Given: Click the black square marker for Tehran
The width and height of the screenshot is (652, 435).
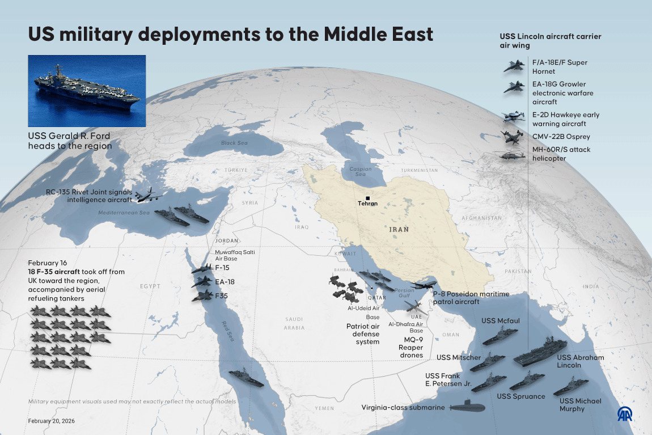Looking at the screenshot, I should (367, 197).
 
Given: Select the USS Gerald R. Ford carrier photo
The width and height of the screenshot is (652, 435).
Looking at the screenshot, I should (87, 91).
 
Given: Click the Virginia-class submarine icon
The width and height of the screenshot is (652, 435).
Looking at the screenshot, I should (467, 407).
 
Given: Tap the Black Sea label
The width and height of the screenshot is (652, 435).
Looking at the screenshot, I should (234, 143).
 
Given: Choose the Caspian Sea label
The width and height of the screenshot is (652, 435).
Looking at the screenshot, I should (360, 172).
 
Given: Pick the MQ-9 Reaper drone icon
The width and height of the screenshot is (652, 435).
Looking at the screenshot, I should (412, 306).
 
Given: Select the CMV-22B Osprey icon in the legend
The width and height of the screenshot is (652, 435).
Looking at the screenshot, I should (511, 137).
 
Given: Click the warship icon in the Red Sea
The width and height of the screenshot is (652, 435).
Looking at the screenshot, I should (245, 378).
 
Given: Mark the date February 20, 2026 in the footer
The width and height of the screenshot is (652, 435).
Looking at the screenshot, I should (52, 421).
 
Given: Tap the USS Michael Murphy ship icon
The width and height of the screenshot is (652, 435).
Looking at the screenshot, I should (570, 387).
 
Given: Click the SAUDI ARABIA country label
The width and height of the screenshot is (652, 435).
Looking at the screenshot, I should (295, 323).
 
